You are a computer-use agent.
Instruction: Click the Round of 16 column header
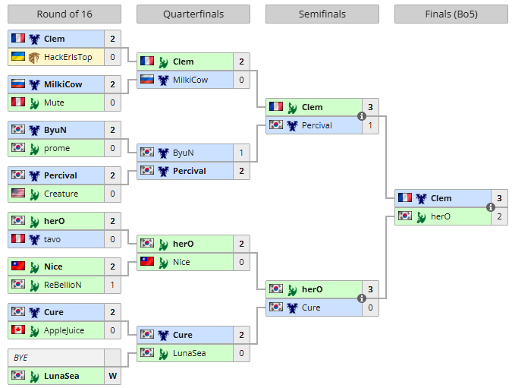pyautogui.click(x=64, y=14)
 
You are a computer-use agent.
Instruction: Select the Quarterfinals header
pyautogui.click(x=193, y=14)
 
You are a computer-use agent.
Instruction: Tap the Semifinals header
pyautogui.click(x=322, y=14)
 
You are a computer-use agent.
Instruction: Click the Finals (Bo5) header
pyautogui.click(x=451, y=14)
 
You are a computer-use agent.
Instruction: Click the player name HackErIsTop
pyautogui.click(x=68, y=57)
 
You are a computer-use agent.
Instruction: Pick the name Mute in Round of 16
pyautogui.click(x=54, y=103)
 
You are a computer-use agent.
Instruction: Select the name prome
pyautogui.click(x=56, y=148)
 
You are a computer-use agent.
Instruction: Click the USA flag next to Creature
pyautogui.click(x=18, y=194)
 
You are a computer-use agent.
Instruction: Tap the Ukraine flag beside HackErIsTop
pyautogui.click(x=18, y=57)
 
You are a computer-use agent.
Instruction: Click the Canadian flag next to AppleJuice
pyautogui.click(x=18, y=330)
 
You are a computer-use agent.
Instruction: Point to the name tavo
pyautogui.click(x=53, y=239)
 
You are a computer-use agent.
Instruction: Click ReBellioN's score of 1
pyautogui.click(x=112, y=285)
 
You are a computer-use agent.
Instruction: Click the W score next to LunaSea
pyautogui.click(x=112, y=376)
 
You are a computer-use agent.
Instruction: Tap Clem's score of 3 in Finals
pyautogui.click(x=499, y=198)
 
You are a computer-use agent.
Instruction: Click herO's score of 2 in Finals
pyautogui.click(x=499, y=216)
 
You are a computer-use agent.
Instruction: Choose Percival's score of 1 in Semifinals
pyautogui.click(x=370, y=125)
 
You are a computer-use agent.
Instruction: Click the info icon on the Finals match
pyautogui.click(x=491, y=207)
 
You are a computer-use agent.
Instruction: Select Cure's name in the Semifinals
pyautogui.click(x=311, y=308)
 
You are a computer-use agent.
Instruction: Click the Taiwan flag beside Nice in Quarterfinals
pyautogui.click(x=147, y=262)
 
